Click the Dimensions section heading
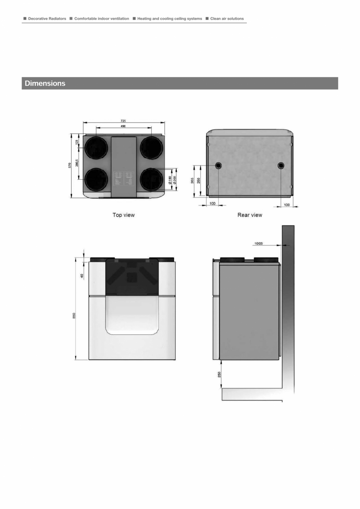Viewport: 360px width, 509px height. (x=45, y=83)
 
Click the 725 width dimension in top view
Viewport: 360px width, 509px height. (x=123, y=121)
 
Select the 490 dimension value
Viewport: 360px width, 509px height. (x=123, y=126)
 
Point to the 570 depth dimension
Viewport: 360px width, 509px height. (x=70, y=166)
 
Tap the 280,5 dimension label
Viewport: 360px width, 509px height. (x=77, y=162)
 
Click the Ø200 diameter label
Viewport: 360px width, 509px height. (x=175, y=180)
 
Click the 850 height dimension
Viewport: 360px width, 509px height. (x=74, y=316)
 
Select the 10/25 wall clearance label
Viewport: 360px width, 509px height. (x=258, y=244)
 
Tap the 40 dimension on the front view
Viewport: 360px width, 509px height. (x=82, y=276)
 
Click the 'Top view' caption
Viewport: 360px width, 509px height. (x=124, y=215)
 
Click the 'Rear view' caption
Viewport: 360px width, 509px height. (x=250, y=215)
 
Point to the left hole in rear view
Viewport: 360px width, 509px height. (x=218, y=166)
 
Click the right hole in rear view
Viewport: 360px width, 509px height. (x=281, y=166)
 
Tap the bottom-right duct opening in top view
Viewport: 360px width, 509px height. (x=151, y=179)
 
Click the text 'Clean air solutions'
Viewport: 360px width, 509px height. (x=227, y=18)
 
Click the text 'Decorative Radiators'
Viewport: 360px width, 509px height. (x=47, y=18)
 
